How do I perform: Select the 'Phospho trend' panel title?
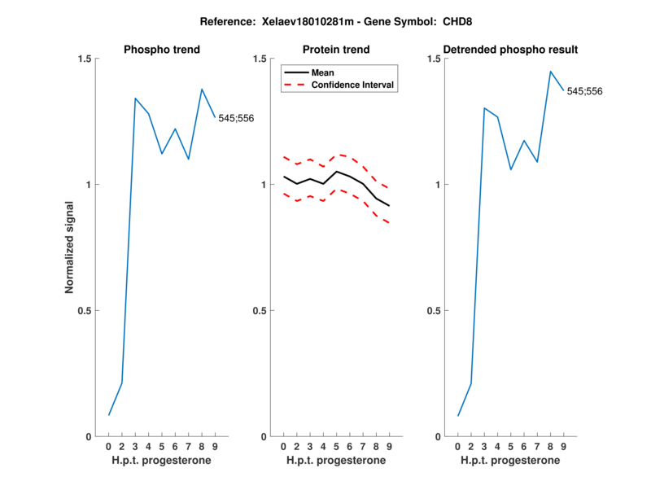(162, 50)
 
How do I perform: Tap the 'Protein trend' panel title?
(336, 50)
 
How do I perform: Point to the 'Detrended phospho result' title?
(510, 50)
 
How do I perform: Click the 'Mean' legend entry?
(323, 72)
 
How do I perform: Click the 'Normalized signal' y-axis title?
(70, 247)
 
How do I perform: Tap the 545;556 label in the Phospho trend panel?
(236, 119)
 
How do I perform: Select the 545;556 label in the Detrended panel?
(584, 91)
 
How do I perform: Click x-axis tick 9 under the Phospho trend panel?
(214, 446)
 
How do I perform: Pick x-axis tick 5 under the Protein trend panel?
(336, 446)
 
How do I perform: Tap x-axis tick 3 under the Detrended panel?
(484, 446)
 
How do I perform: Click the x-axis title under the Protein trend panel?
(336, 460)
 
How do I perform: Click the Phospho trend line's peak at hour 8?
(202, 89)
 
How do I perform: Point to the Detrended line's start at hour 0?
(458, 416)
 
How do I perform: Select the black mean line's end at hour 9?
(389, 206)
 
